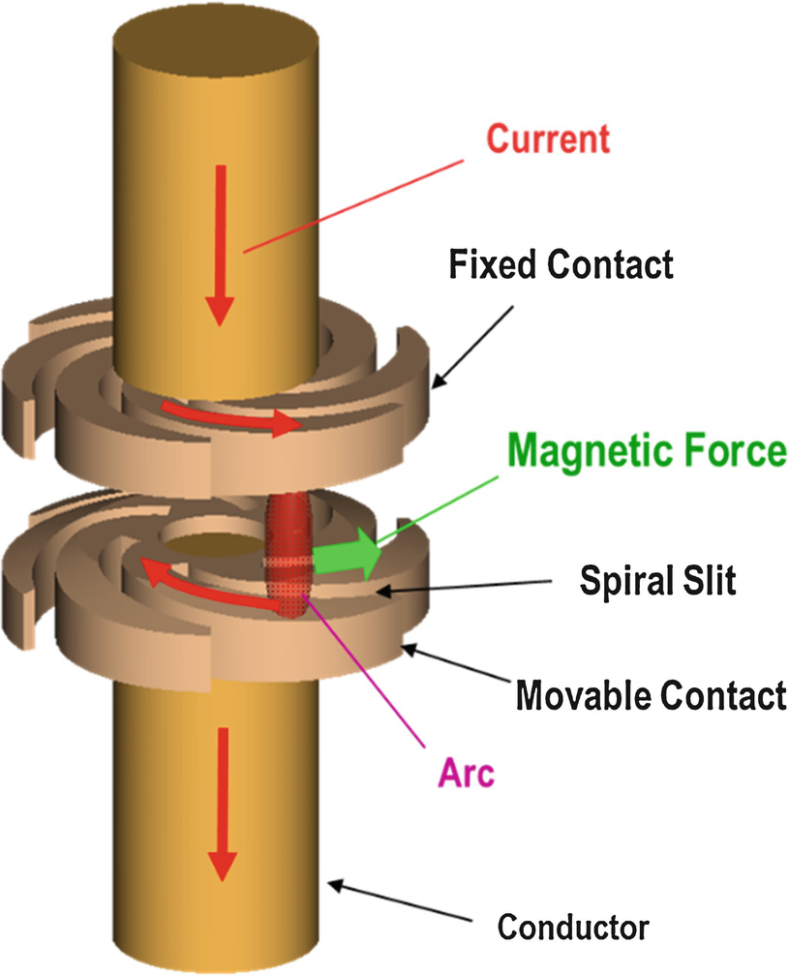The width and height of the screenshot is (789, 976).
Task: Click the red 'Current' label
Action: (548, 138)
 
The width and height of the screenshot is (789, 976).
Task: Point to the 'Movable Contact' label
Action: (650, 694)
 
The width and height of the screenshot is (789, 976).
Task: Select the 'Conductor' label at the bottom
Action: (573, 927)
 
